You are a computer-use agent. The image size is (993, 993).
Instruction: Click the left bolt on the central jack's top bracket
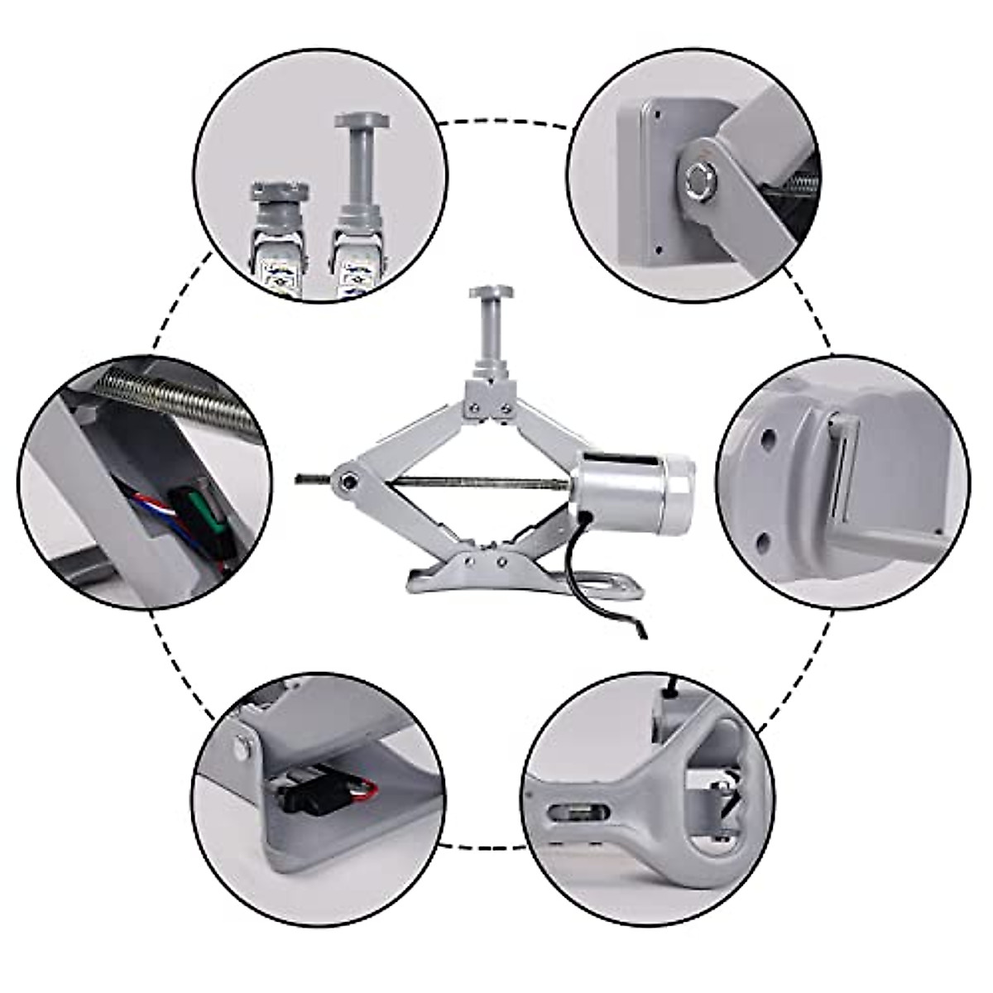pos(473,405)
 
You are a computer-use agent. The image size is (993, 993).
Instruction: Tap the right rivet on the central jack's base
pos(501,560)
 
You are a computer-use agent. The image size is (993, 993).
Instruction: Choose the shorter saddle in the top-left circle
pos(277,199)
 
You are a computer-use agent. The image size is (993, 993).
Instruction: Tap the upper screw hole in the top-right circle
pos(655,107)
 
